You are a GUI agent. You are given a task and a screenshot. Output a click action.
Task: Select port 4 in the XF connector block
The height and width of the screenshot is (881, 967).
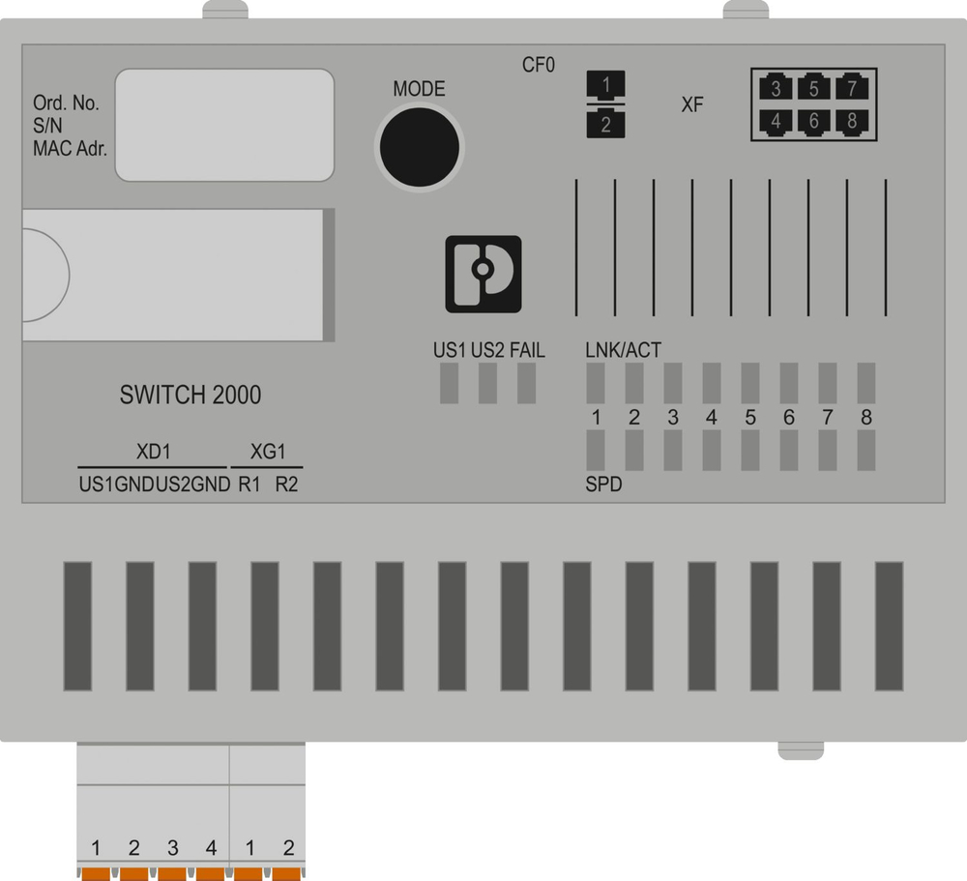[x=776, y=122]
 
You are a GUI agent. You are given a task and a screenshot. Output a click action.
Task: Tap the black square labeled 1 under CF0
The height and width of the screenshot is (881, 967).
[x=606, y=85]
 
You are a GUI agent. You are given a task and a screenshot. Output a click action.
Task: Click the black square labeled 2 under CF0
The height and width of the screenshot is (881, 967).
[x=606, y=124]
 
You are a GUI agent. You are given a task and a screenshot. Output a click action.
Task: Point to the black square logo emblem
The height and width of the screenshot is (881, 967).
[x=483, y=274]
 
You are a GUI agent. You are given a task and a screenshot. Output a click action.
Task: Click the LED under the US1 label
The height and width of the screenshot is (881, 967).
[x=449, y=385]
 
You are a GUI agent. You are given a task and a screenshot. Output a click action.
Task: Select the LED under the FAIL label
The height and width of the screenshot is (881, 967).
[x=526, y=385]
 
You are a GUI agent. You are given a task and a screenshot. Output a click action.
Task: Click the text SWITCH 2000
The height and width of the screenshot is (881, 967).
[x=190, y=395]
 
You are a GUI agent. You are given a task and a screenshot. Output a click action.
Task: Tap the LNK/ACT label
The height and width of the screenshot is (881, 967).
[x=624, y=350]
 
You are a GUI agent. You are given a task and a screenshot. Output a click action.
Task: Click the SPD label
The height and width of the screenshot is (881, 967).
[x=603, y=485]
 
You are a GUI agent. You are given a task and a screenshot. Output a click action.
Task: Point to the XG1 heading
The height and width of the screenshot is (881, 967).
[x=269, y=452]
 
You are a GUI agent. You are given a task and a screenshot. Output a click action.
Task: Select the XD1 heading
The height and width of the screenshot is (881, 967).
[x=155, y=452]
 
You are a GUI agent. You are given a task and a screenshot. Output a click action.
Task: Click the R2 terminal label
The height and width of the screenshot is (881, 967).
[x=286, y=485]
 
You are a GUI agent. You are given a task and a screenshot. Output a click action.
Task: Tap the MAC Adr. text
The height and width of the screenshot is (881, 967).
[x=70, y=150]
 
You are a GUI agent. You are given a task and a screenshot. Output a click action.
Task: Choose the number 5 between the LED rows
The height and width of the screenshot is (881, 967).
[x=750, y=418]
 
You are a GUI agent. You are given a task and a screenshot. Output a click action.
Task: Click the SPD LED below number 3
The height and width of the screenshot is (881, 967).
[x=673, y=450]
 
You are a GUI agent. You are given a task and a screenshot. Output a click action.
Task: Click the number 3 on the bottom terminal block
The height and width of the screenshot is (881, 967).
[x=173, y=848]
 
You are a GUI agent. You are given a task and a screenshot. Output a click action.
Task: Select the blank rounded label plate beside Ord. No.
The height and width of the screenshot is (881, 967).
[x=224, y=124]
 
